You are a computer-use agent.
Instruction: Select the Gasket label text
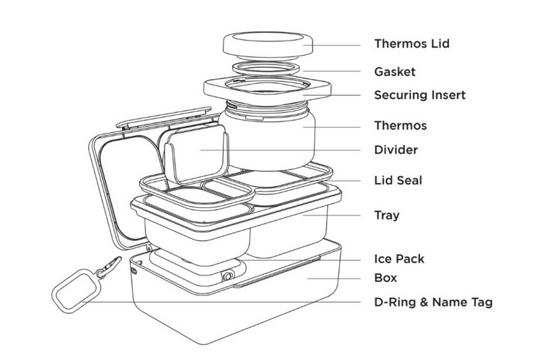point(395,71)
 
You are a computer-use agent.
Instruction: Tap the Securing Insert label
point(419,95)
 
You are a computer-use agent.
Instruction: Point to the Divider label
point(395,149)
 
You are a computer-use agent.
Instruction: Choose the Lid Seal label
point(397,180)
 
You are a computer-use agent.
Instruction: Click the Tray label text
point(386,215)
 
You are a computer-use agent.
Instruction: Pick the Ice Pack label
point(399,259)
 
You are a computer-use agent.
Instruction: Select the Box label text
point(385,278)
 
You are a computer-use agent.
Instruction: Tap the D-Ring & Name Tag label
point(433,301)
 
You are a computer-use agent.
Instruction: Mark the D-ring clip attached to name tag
point(106,264)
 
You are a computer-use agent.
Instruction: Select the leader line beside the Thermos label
point(337,126)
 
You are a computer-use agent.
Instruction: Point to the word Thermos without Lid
point(400,126)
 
